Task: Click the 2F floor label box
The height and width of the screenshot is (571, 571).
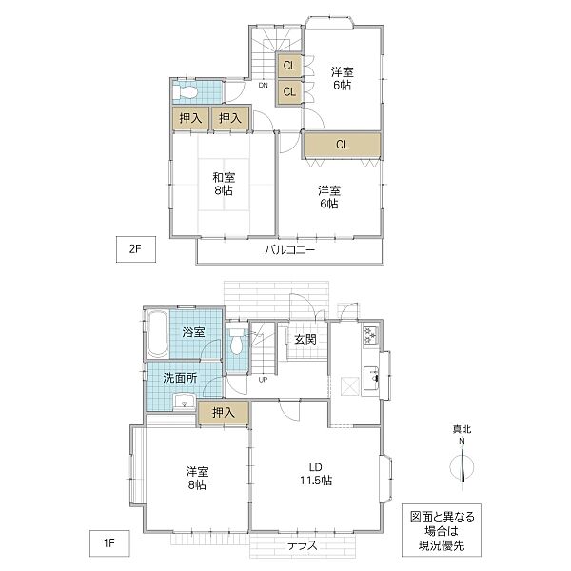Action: (136, 249)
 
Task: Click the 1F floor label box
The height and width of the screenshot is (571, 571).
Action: (109, 543)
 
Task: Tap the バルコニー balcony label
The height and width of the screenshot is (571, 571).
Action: (290, 250)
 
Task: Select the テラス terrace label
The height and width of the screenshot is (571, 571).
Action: (303, 545)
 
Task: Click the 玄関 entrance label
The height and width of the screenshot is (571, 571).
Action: (305, 340)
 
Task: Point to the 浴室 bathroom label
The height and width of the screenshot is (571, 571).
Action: (194, 332)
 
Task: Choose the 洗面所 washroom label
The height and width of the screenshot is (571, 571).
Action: (180, 378)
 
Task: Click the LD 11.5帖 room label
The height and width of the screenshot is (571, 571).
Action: (316, 474)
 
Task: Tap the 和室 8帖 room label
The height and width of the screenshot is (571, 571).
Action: (224, 184)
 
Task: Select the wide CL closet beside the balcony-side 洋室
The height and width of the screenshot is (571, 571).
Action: (342, 145)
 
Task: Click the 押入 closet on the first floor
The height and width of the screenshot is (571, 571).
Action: (224, 413)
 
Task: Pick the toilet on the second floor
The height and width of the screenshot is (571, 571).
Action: (185, 92)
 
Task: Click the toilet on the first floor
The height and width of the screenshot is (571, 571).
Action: (237, 341)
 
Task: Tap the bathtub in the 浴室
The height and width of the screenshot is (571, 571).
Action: (157, 333)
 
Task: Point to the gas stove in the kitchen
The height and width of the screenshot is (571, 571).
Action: (371, 335)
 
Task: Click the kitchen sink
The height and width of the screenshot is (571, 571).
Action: (371, 379)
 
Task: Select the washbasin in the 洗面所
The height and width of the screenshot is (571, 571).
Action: (185, 403)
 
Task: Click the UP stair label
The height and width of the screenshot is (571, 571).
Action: (263, 380)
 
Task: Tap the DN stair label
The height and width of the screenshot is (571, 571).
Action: (263, 86)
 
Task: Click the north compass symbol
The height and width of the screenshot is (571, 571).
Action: (462, 466)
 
